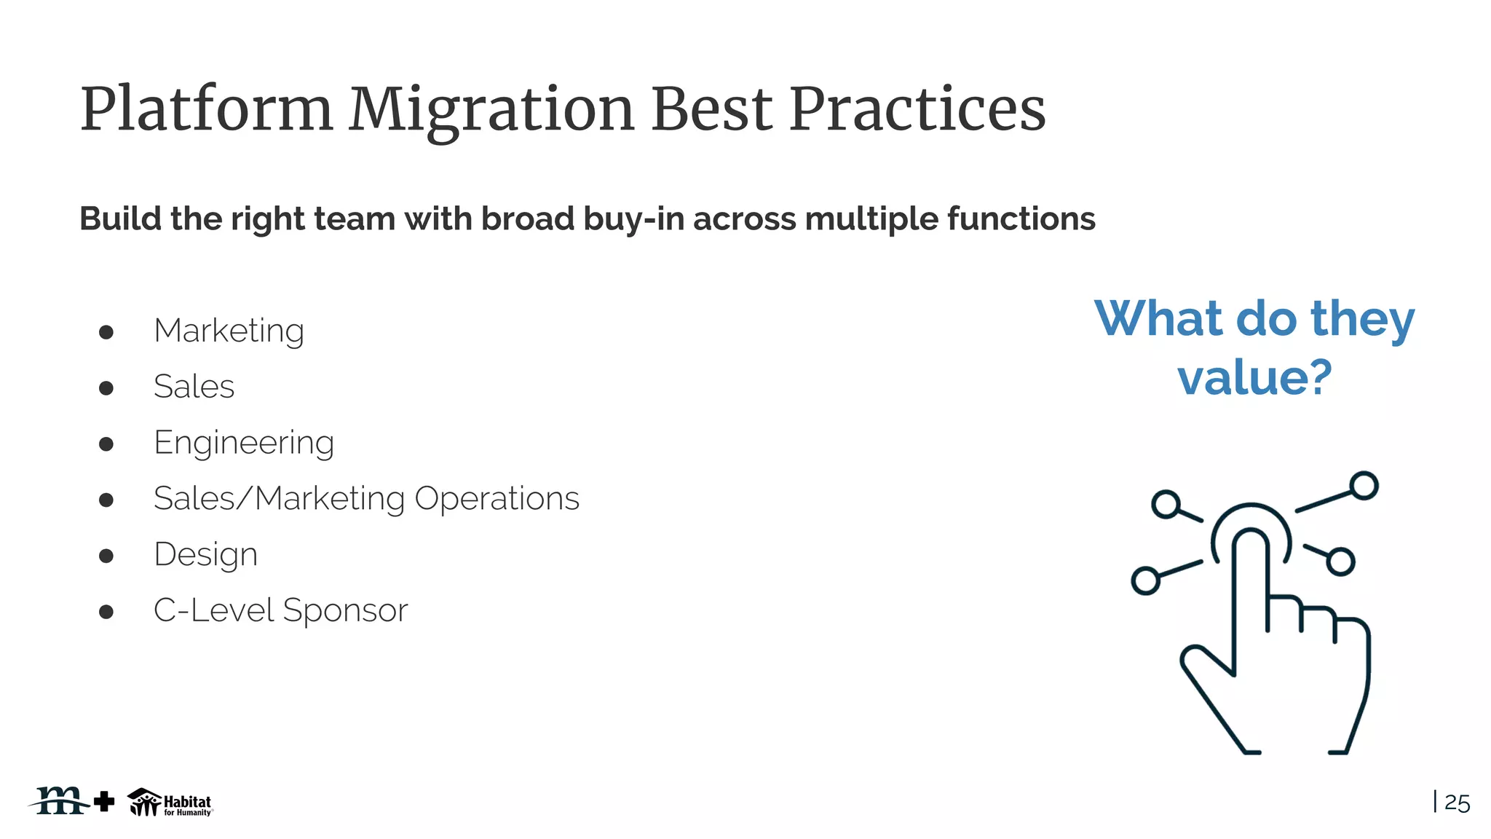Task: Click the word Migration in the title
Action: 491,111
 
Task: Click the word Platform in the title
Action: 206,111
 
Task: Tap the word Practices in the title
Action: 917,111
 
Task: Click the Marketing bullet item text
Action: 229,331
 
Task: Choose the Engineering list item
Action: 244,444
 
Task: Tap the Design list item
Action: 205,555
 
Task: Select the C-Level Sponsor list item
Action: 280,610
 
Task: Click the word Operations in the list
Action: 497,499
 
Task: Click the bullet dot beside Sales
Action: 106,387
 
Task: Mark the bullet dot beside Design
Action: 106,556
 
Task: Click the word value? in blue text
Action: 1254,378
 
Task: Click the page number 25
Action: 1457,803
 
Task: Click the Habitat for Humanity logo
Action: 170,803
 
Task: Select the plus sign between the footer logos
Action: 104,801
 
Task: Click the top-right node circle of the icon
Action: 1364,486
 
